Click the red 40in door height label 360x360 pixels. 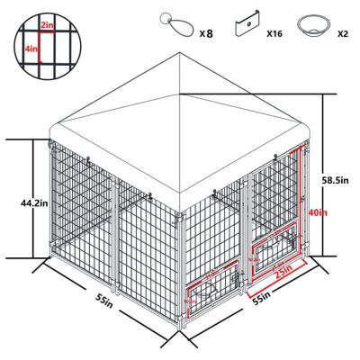(x=315, y=213)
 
